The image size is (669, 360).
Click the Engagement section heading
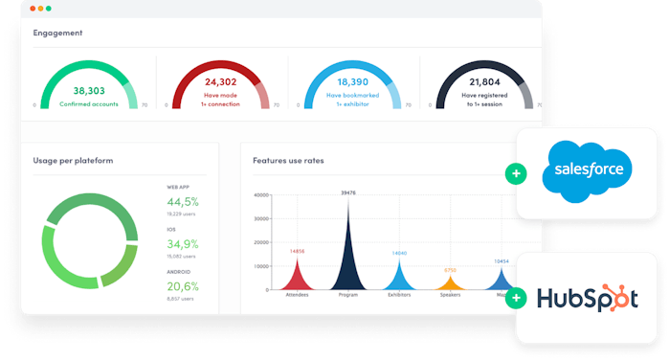57,33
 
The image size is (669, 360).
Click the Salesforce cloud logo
588,173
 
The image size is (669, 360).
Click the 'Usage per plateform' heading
73,160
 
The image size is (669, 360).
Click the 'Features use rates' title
288,160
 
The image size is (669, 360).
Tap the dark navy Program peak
347,259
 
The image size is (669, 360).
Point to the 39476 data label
347,192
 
